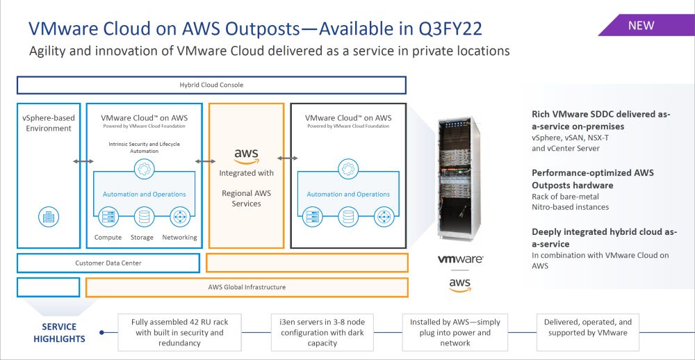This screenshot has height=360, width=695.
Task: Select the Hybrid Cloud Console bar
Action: (211, 85)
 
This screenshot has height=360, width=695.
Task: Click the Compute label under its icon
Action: (108, 238)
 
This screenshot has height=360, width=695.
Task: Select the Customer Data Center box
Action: (108, 263)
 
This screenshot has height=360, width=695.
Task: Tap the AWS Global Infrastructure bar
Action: (247, 287)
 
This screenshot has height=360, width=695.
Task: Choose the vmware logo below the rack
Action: (460, 259)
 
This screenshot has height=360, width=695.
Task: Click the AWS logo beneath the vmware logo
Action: (459, 284)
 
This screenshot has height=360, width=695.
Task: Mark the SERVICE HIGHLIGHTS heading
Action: (59, 333)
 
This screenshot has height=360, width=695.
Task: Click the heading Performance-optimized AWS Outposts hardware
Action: (593, 179)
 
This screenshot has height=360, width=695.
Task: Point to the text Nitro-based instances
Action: (570, 206)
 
